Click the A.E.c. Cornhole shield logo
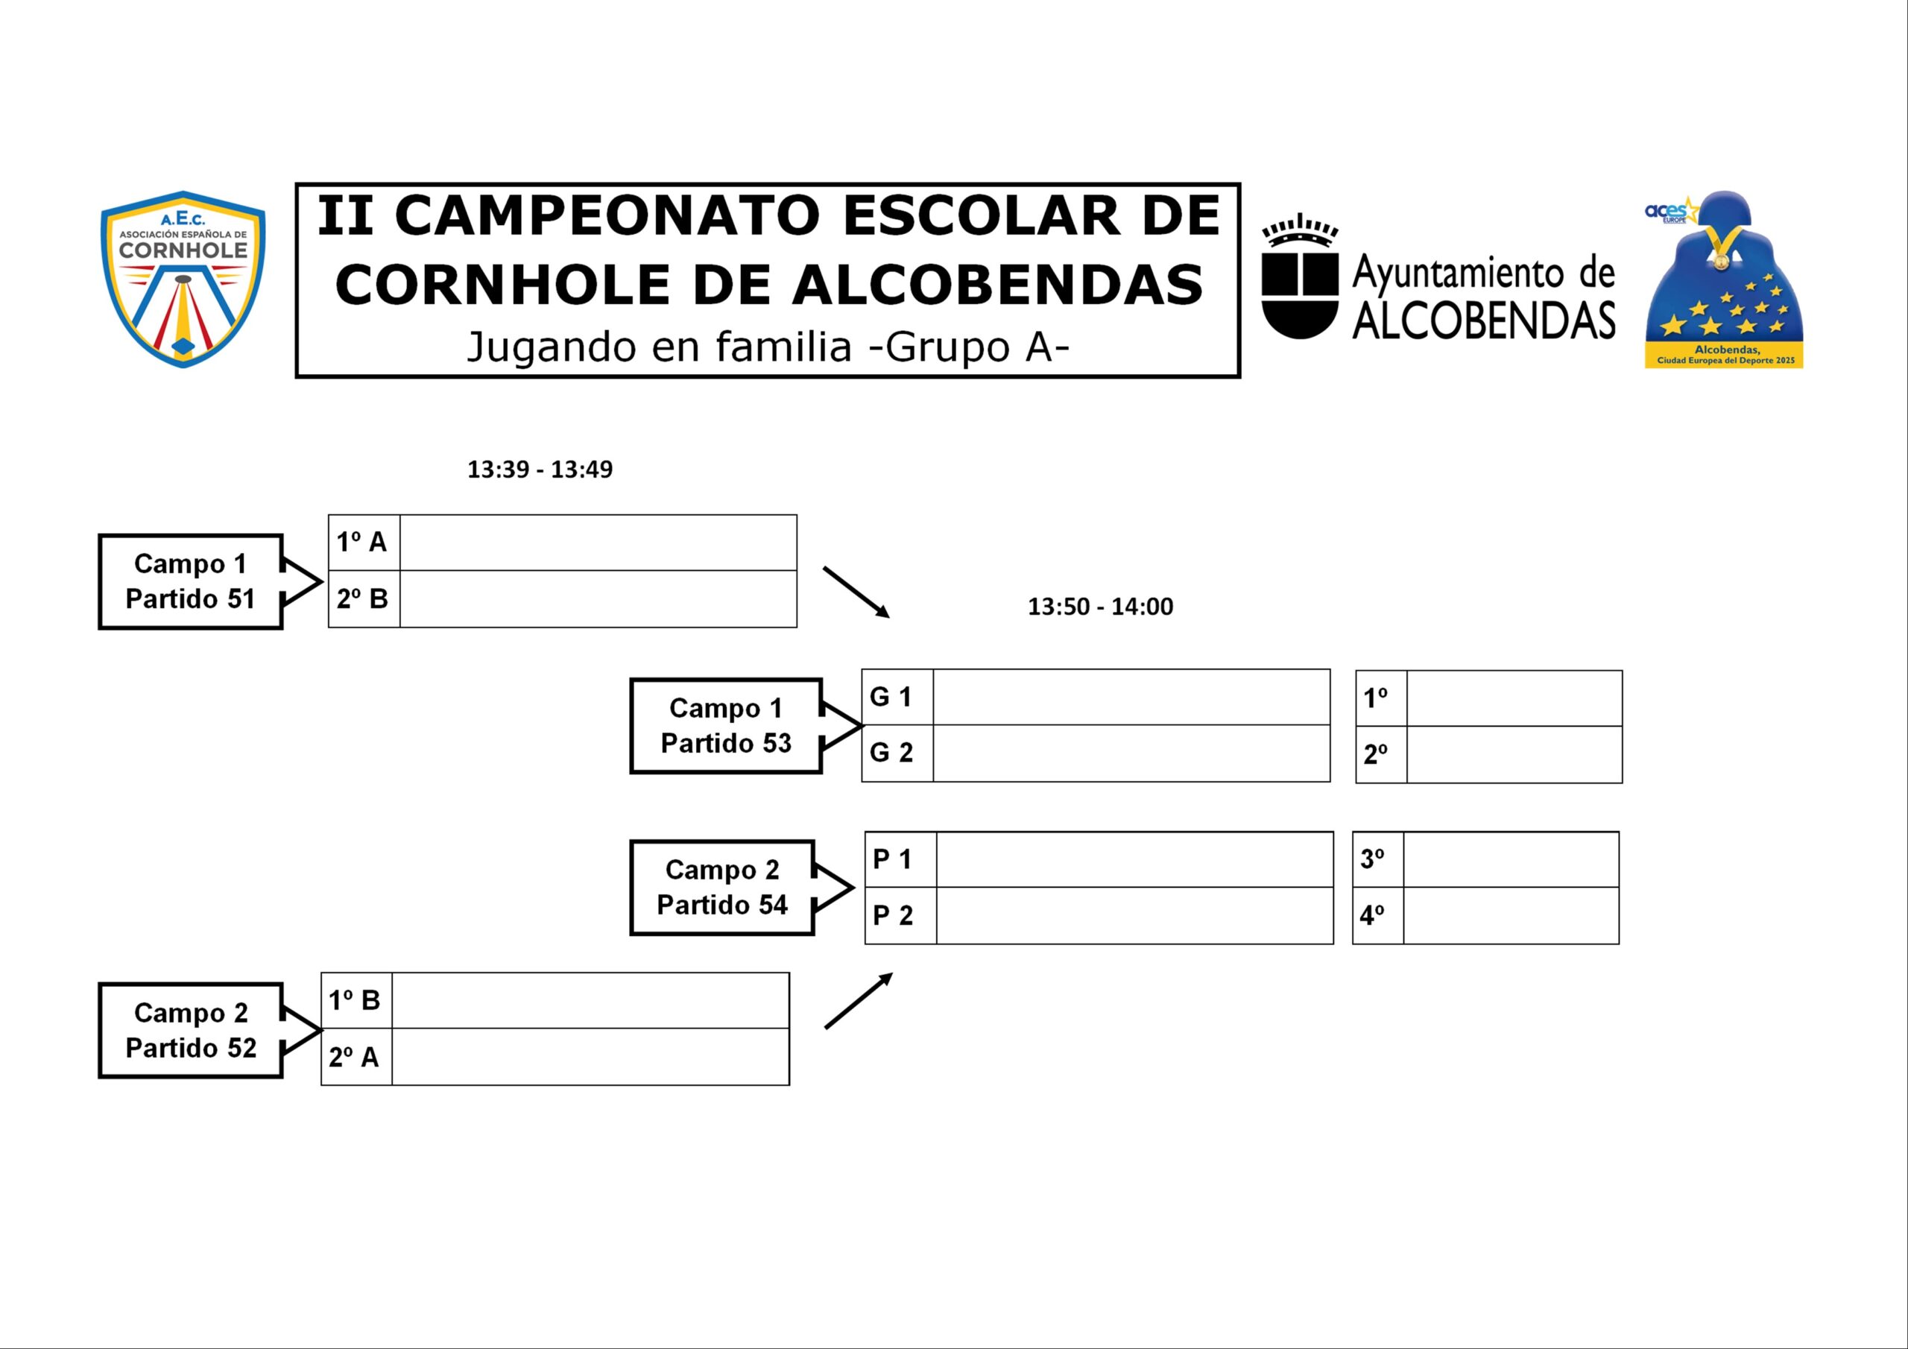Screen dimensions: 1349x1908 tap(183, 279)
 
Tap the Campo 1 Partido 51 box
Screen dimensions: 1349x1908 tap(190, 582)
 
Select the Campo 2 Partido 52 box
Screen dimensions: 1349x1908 tap(190, 1031)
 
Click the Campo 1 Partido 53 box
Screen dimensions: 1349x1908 tap(725, 726)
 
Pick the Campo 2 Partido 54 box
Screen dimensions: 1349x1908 tap(721, 888)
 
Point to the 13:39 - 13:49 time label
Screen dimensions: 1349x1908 tap(540, 470)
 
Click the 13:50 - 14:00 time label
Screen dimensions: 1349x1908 tap(1100, 607)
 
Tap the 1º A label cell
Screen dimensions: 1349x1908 tap(364, 543)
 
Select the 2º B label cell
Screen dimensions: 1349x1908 tap(364, 599)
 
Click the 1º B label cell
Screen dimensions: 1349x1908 tap(356, 1001)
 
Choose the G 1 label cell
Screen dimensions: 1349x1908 tap(897, 697)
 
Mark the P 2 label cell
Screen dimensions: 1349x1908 tap(900, 916)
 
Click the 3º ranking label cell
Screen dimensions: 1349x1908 tap(1378, 859)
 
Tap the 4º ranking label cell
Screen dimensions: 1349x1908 tap(1378, 916)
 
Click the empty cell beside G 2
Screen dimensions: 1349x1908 tap(1131, 753)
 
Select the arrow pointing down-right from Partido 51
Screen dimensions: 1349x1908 tap(856, 593)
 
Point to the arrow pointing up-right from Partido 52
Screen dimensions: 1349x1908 tap(859, 1001)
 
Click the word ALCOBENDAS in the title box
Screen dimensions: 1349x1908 tap(996, 285)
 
